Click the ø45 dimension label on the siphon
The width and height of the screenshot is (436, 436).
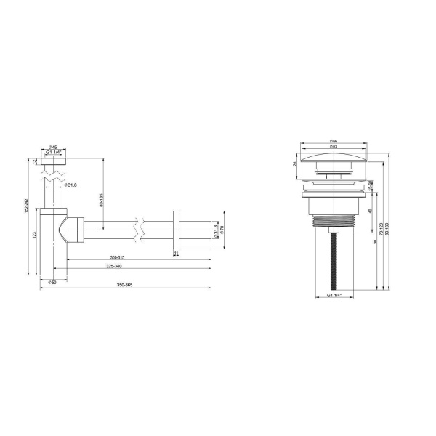click(x=54, y=147)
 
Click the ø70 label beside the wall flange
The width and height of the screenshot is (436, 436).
click(x=222, y=233)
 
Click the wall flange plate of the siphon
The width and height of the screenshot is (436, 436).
click(x=176, y=233)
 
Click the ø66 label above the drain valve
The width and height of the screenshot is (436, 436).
click(x=334, y=140)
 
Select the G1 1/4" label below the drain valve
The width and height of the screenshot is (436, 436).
click(x=334, y=296)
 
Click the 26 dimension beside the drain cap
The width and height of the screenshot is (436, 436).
click(x=296, y=164)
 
